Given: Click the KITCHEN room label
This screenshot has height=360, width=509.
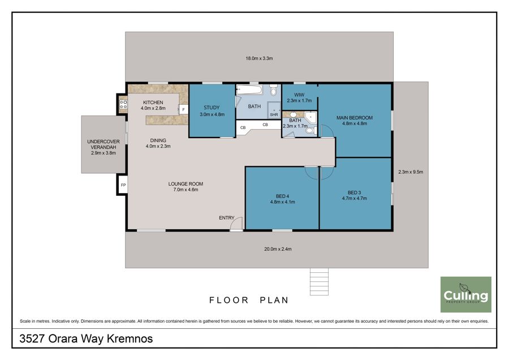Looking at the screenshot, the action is click(153, 102).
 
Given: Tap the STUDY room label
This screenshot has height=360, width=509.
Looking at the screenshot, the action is click(212, 108).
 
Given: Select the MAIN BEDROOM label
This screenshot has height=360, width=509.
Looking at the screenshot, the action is click(355, 118).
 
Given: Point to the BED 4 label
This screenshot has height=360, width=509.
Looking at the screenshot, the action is click(282, 196).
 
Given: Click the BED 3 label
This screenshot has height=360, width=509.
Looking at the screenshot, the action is click(355, 192).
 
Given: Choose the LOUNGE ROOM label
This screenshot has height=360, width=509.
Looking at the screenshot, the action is click(186, 184).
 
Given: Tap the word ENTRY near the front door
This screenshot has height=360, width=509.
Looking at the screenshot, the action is click(227, 218).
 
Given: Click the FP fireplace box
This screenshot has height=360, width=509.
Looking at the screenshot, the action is click(123, 185).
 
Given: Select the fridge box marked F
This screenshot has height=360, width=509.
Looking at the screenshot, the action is click(183, 109).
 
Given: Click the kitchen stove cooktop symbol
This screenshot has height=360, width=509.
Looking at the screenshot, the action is click(123, 104).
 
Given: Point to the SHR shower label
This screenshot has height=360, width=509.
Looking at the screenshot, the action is click(274, 115).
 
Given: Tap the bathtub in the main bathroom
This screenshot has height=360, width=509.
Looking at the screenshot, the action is click(249, 89).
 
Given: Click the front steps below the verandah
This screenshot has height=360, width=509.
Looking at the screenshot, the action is click(319, 282).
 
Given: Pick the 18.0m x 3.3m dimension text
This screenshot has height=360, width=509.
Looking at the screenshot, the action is click(259, 58).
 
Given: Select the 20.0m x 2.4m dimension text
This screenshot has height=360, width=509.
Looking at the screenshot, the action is click(278, 249).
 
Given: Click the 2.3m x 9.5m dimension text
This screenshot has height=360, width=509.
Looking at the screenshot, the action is click(411, 172).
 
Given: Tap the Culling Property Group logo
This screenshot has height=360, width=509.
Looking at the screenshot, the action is click(466, 294).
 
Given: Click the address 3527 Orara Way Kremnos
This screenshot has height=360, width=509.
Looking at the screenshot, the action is click(86, 338).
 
